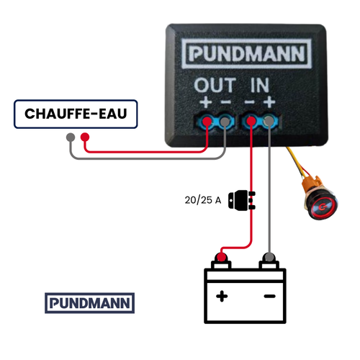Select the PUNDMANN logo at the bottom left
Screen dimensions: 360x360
point(89,303)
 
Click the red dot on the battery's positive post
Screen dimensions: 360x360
point(222,257)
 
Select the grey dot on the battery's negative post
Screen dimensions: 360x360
point(269,257)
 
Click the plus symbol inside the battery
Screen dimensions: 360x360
point(223,295)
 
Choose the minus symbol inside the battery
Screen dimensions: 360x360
point(269,295)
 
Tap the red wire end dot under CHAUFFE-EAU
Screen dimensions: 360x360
point(86,137)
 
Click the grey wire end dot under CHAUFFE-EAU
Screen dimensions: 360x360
point(69,137)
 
